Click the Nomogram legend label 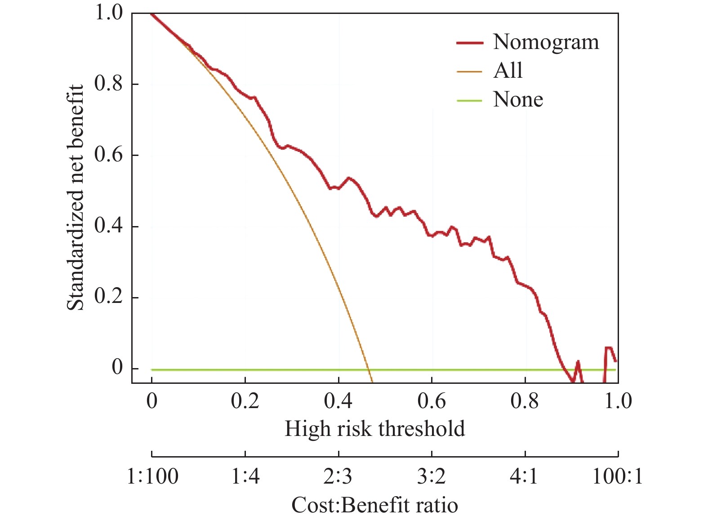(x=546, y=42)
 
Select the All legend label (x=508, y=71)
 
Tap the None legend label (x=518, y=99)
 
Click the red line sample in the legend (x=469, y=43)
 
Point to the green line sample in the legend (x=469, y=100)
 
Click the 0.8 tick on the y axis (x=108, y=84)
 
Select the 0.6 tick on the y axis (x=108, y=155)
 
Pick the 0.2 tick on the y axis (x=108, y=297)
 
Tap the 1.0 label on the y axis (x=108, y=13)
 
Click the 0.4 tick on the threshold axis (x=338, y=400)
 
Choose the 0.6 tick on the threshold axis (x=432, y=400)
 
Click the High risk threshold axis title (x=374, y=429)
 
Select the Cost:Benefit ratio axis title (x=374, y=505)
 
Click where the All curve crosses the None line (x=369, y=369)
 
